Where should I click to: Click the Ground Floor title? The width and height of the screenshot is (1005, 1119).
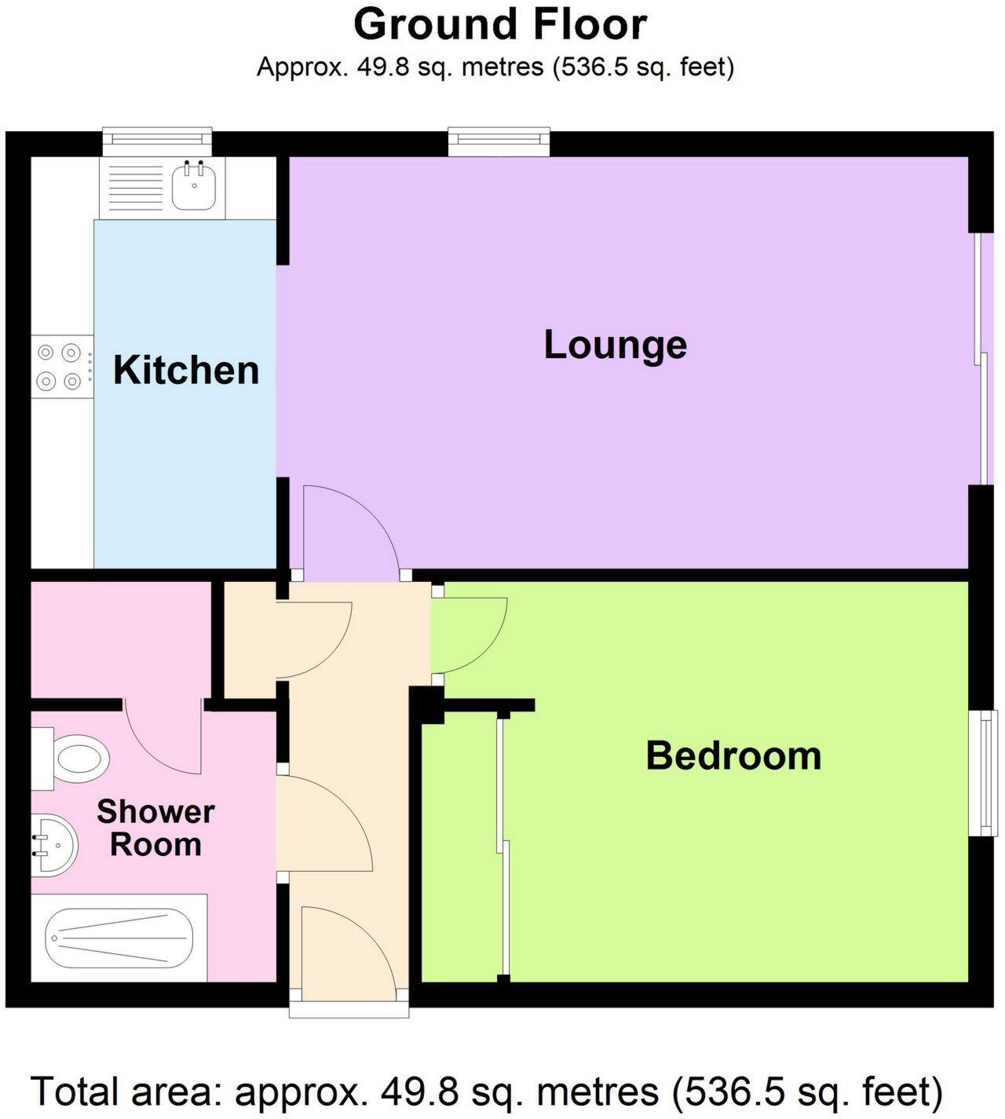pos(500,24)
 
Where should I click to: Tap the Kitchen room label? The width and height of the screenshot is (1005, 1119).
pos(186,370)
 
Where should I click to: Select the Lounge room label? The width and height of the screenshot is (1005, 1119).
pos(615,345)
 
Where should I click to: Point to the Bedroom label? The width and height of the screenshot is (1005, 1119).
pos(733,755)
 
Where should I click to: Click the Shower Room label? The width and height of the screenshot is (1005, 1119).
pos(155,828)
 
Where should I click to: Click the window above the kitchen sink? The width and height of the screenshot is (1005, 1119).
pos(158,139)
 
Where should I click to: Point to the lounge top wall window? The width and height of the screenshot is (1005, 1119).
pos(499,140)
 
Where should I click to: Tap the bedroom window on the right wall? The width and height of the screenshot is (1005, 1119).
pos(983,772)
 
